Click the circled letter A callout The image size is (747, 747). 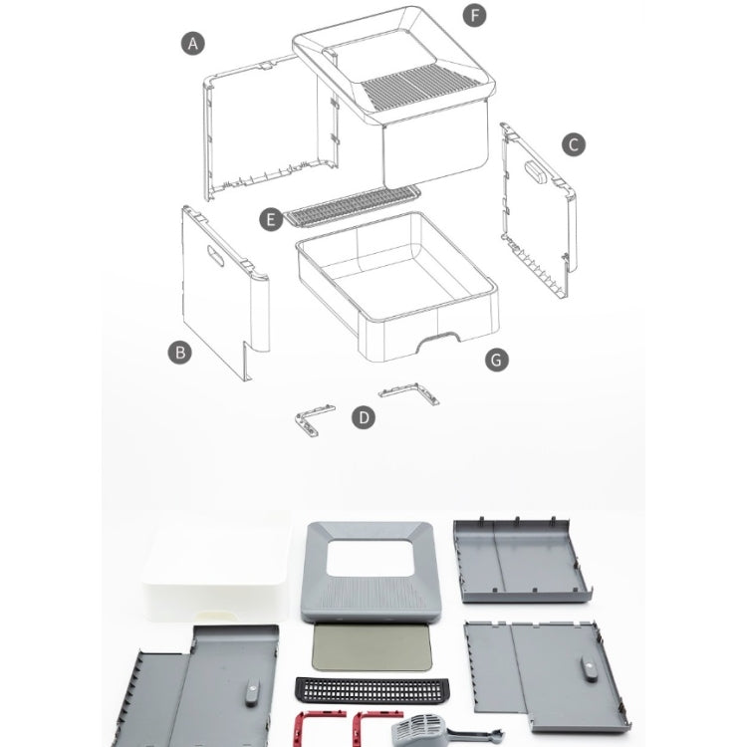(x=192, y=44)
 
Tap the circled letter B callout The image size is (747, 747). (x=180, y=353)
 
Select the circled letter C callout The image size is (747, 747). (x=573, y=144)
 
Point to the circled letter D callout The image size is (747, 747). (x=364, y=417)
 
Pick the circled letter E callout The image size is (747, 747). (x=271, y=220)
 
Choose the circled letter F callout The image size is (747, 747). (x=474, y=15)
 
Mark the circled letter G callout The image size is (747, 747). (x=497, y=360)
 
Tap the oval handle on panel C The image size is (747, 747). (x=537, y=170)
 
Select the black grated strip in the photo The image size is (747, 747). (x=372, y=690)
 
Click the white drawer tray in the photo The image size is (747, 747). (x=217, y=567)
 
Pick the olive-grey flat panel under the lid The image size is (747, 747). (x=372, y=647)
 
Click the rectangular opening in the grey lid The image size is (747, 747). (x=369, y=558)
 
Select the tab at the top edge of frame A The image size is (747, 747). (x=267, y=65)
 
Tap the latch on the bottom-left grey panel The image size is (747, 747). (x=252, y=694)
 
